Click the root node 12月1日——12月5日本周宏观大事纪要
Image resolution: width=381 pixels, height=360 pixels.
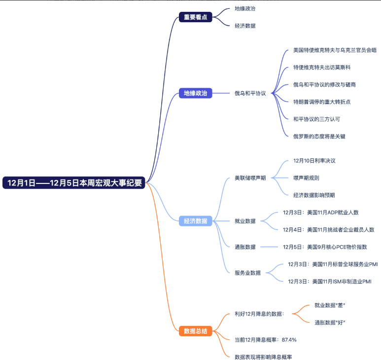[x=74, y=183]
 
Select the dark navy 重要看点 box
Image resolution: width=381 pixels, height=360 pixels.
[x=195, y=17]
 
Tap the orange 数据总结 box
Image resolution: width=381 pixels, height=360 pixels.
[x=195, y=331]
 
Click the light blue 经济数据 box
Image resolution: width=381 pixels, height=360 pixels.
[x=195, y=221]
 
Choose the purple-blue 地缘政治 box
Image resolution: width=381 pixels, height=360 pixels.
[x=195, y=93]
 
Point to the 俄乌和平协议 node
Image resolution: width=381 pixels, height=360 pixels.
[x=250, y=93]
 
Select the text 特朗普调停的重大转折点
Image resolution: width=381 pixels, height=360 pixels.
[x=321, y=102]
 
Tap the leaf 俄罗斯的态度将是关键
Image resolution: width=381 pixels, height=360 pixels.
[x=319, y=136]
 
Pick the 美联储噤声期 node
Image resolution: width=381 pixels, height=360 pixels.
[x=250, y=178]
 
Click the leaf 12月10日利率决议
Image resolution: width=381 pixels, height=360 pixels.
[x=314, y=161]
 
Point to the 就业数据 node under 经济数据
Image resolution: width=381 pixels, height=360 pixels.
[x=245, y=221]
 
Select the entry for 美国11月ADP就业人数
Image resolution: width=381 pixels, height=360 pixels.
[x=320, y=213]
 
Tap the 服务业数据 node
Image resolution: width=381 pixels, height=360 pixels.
[x=247, y=273]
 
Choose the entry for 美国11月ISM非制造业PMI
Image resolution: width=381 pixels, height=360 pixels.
[x=329, y=282]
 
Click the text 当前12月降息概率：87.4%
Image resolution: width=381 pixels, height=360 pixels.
[x=265, y=340]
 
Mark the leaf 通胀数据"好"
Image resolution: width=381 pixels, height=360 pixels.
[x=330, y=323]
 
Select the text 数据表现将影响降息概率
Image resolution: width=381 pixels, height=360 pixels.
[x=267, y=357]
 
